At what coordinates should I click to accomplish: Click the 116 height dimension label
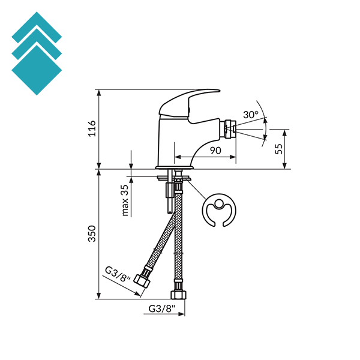92,128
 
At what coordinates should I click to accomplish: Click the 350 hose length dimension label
92,233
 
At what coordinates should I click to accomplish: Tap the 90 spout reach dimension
215,151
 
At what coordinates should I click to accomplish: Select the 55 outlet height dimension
279,149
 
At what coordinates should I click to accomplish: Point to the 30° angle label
251,115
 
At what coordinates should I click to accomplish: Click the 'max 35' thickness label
125,200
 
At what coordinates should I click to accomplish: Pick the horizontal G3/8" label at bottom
161,308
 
